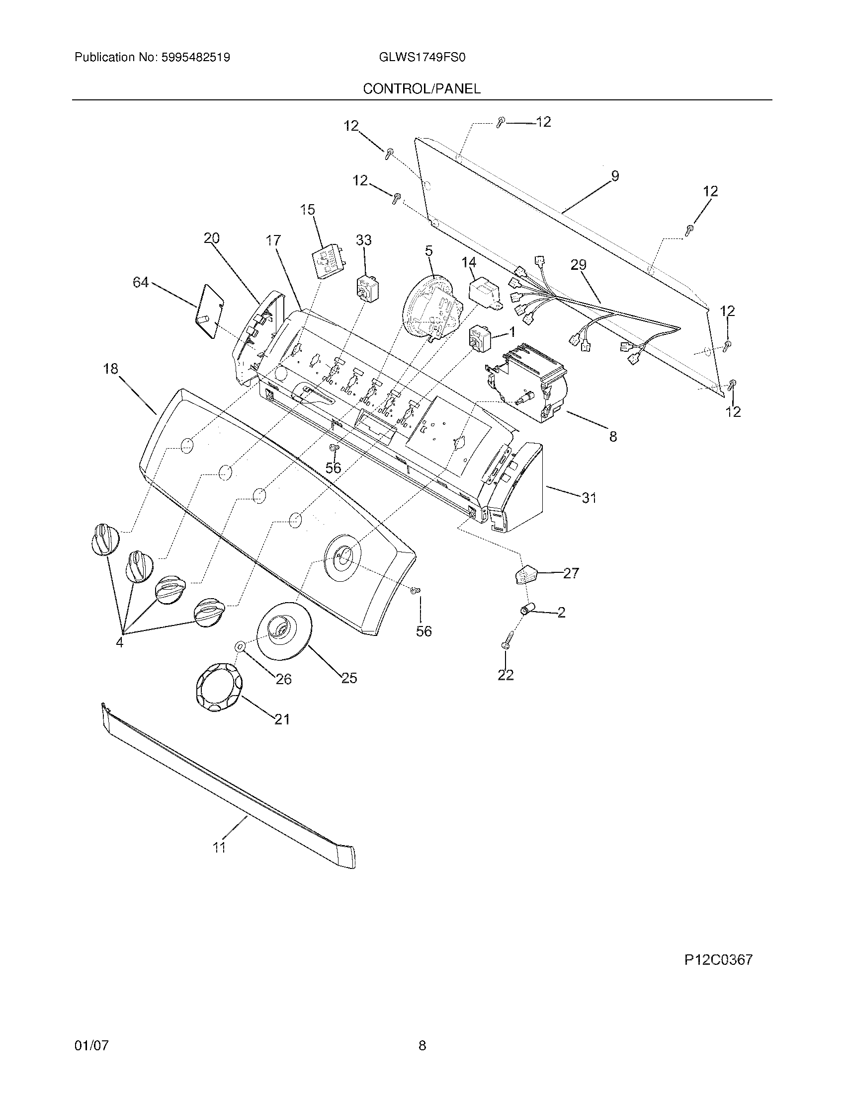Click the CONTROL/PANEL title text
[x=422, y=89]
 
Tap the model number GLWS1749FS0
[x=419, y=58]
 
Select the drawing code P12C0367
[x=718, y=960]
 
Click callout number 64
[x=140, y=283]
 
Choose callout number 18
[x=110, y=369]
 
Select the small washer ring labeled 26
[x=239, y=646]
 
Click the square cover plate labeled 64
[x=211, y=311]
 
